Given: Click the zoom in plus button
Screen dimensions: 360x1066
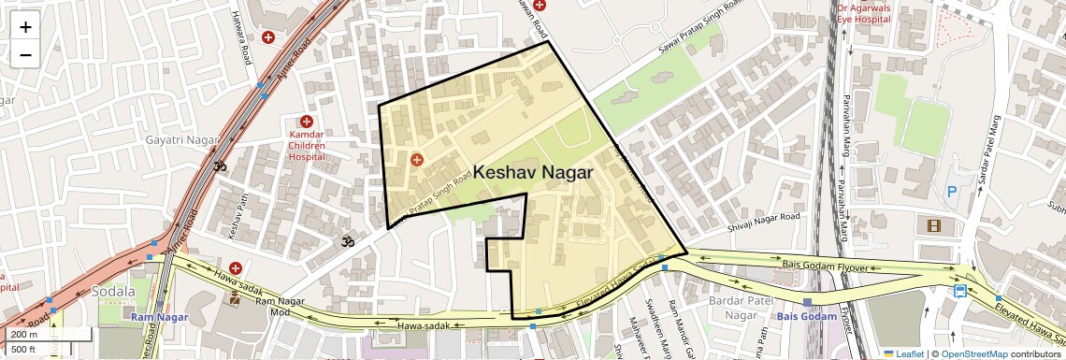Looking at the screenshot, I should point(25,27).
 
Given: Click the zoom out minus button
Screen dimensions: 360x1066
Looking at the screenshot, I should point(25,54).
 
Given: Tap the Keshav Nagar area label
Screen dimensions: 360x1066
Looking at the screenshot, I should point(533,173).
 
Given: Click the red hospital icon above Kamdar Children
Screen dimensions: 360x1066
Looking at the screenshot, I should point(306,122).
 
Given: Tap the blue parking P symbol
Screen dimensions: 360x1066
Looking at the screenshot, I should point(952,191).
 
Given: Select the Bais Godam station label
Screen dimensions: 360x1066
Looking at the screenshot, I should point(807,317).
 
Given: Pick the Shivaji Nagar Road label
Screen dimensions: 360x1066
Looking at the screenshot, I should point(763,222).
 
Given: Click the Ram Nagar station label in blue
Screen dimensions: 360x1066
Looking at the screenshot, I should point(159,318).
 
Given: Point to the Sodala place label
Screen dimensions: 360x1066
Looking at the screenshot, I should point(113,292).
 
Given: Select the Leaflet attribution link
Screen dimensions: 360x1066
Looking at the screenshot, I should point(908,353).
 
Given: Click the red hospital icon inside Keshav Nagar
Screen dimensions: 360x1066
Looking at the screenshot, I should point(417,160).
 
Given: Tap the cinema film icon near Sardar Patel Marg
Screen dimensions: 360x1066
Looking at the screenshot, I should point(934,224).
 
